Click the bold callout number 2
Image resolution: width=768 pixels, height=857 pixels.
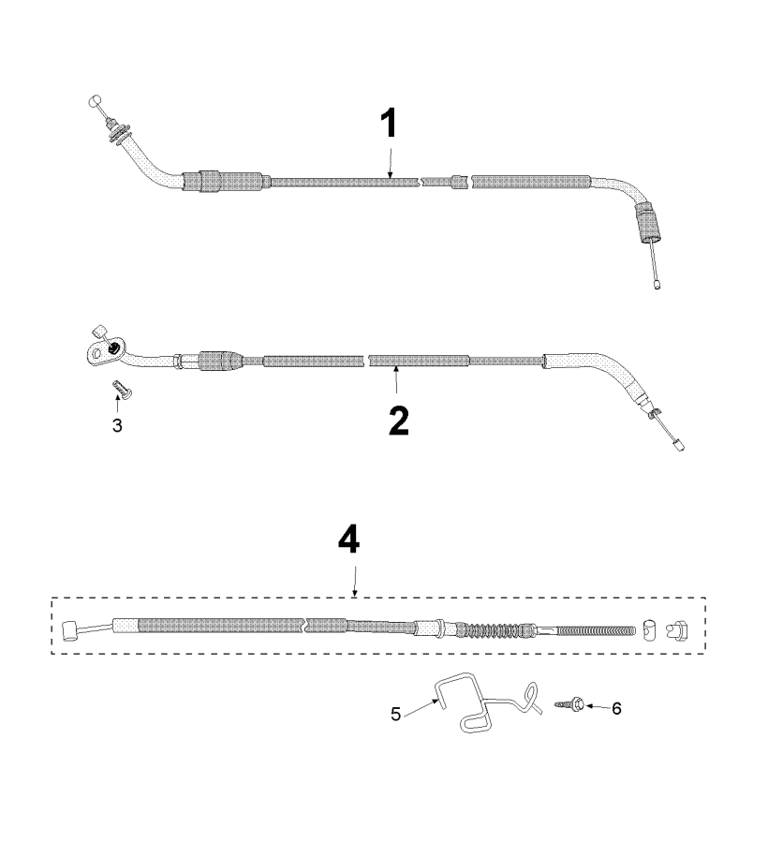(398, 421)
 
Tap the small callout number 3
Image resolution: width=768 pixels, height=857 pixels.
(117, 425)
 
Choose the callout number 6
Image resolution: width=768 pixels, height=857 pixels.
(614, 709)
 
